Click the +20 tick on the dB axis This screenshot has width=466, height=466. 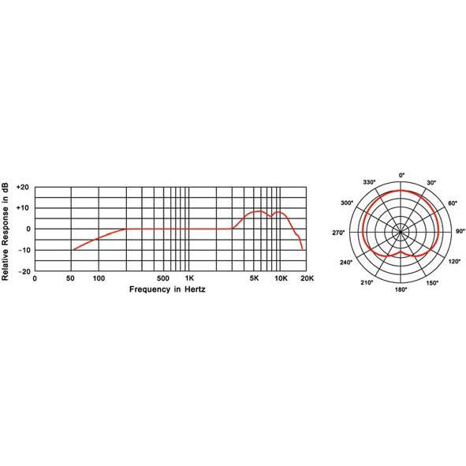tap(23, 187)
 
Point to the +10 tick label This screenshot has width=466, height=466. tap(23, 207)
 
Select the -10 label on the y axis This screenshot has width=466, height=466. tap(24, 250)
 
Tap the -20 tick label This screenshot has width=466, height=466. tap(24, 271)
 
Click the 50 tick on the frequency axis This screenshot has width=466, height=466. tap(70, 278)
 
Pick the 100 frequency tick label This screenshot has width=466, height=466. tap(99, 278)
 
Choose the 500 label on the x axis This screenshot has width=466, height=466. tap(163, 278)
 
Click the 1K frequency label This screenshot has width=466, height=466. tap(189, 278)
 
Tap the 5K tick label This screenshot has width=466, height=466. tap(254, 278)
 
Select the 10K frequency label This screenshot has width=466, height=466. tap(281, 278)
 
